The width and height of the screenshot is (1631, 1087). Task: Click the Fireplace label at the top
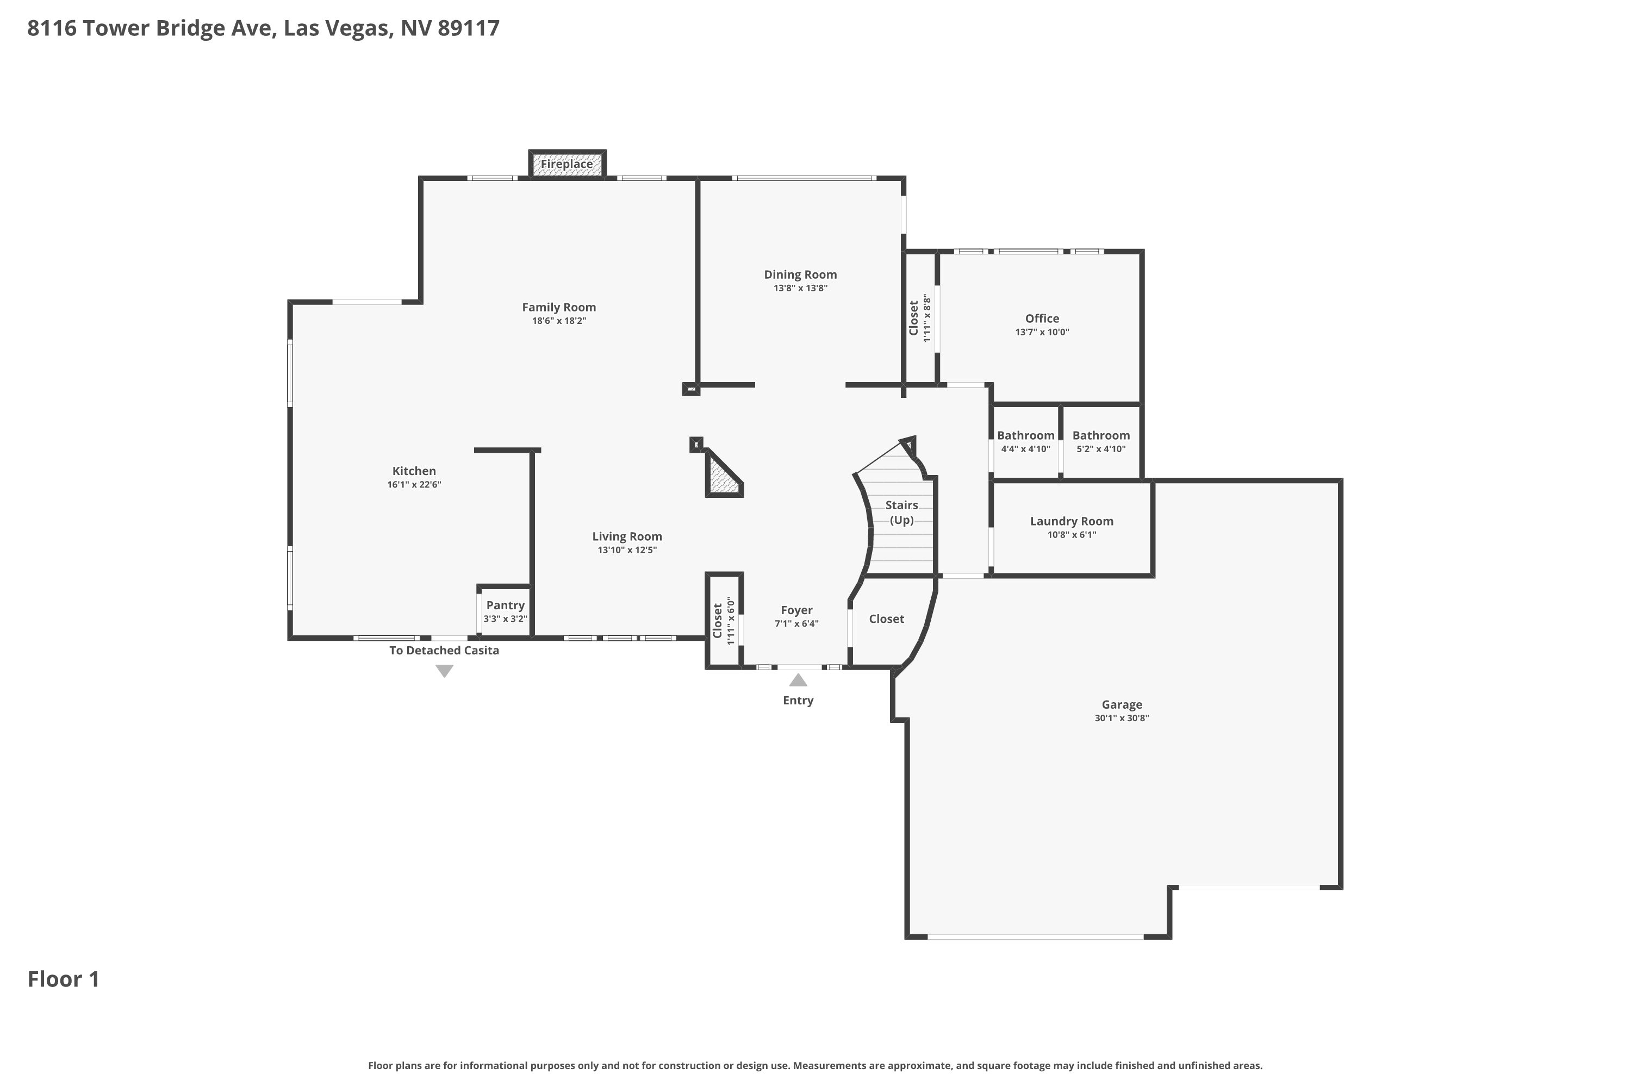[567, 164]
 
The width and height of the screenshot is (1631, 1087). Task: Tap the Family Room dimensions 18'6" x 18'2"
[559, 321]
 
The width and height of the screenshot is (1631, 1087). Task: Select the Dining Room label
[800, 274]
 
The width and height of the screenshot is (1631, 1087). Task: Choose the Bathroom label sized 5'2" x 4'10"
[1101, 435]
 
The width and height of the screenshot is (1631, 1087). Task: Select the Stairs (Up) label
[901, 513]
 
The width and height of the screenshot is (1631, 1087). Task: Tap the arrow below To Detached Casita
[445, 671]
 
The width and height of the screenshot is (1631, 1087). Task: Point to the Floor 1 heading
[63, 979]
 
